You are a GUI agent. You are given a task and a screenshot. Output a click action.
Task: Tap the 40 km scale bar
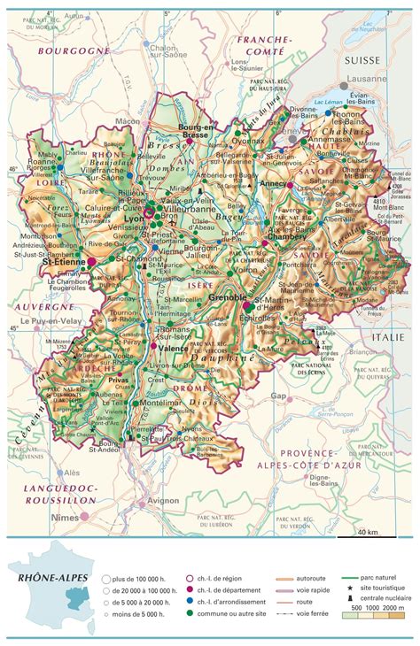coord(368,532)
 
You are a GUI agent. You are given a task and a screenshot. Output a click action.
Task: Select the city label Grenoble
coord(229,298)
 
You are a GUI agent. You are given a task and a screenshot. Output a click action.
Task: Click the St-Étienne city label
coord(63,262)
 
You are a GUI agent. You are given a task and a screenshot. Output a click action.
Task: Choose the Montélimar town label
coord(161,402)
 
